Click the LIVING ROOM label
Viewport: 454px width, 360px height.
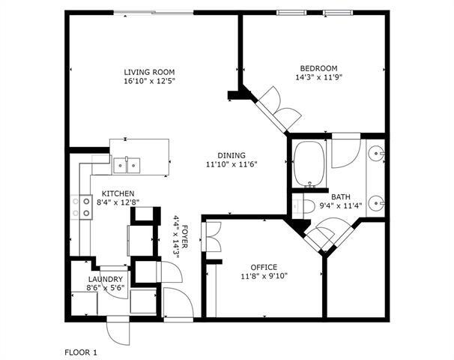point(148,73)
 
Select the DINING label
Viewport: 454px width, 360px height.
point(231,155)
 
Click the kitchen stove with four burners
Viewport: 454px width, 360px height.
point(81,207)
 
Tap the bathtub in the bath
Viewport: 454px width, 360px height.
point(309,165)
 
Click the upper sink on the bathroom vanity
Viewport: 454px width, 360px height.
point(381,156)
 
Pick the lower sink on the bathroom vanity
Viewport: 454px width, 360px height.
point(381,202)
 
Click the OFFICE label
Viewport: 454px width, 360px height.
point(264,267)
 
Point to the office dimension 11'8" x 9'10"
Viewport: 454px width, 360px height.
point(264,276)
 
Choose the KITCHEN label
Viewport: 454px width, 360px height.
point(118,192)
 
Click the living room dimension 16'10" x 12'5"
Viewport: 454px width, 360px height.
point(148,82)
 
